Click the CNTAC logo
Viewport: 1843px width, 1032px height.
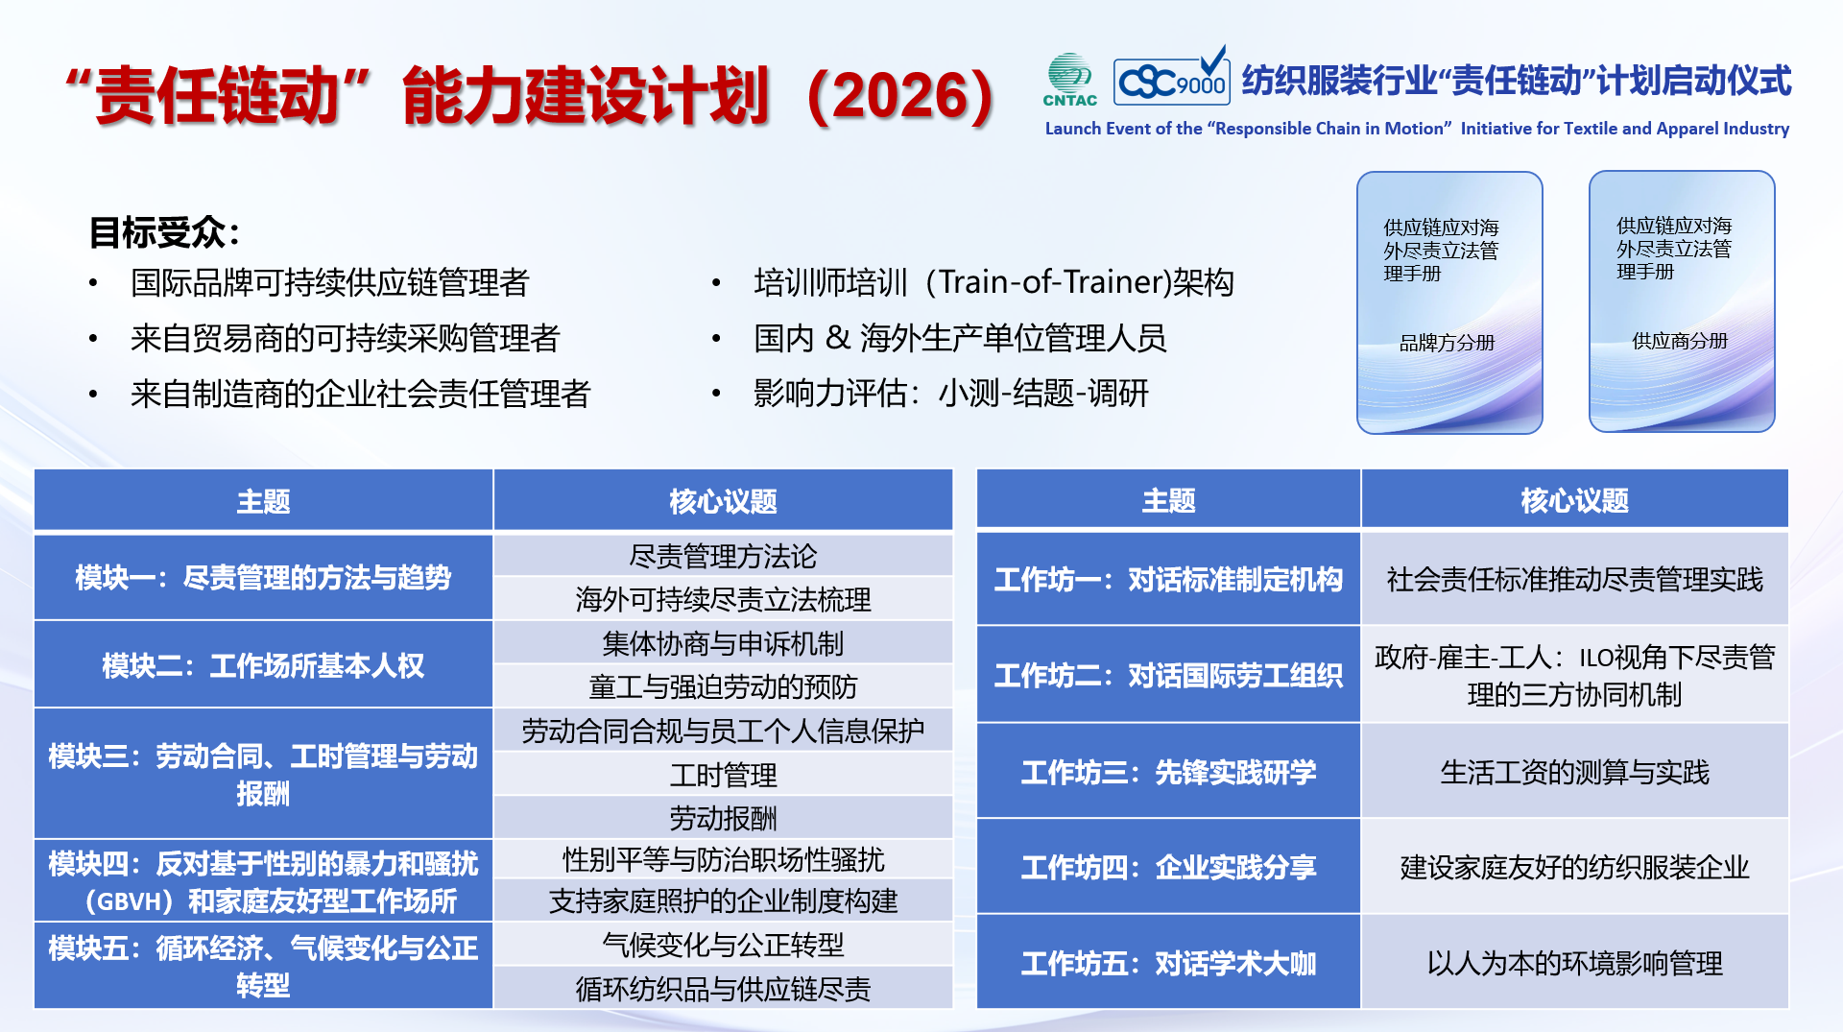pos(1069,80)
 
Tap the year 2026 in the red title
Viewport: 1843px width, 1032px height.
pos(901,96)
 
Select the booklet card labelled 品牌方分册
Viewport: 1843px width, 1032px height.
pos(1449,302)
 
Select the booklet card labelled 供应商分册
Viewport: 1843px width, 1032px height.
pos(1682,301)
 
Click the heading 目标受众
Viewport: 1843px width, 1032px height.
pos(164,232)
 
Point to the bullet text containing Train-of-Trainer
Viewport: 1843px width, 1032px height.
pos(993,282)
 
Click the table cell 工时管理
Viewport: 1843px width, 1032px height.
pos(723,775)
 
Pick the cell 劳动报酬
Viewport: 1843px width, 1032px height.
pos(723,818)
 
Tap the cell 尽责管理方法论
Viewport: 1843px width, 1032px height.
pos(723,556)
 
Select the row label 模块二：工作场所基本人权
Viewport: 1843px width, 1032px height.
pos(263,665)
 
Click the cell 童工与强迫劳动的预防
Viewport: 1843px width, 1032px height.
pos(723,686)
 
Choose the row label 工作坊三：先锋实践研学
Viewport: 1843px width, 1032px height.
pos(1168,772)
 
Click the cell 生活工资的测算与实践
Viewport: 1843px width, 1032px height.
pos(1574,772)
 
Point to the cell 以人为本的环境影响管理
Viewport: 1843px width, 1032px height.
pos(1574,963)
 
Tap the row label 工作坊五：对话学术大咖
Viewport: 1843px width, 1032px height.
pos(1168,963)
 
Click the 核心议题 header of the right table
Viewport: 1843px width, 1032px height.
pos(1574,500)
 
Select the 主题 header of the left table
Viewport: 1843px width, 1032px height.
pos(263,501)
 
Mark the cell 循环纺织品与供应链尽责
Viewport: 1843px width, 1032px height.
pos(723,988)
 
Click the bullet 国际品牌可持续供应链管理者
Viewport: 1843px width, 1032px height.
pos(330,283)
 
